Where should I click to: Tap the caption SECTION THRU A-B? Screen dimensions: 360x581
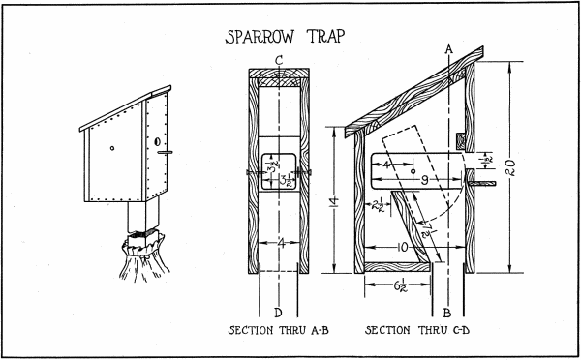(278, 331)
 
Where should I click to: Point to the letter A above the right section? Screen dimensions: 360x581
(448, 47)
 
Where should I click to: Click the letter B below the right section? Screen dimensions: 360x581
(446, 313)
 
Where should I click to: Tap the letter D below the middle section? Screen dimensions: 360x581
(279, 312)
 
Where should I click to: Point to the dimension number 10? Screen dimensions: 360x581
(401, 248)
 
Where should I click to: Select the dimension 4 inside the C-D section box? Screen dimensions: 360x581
(383, 166)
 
